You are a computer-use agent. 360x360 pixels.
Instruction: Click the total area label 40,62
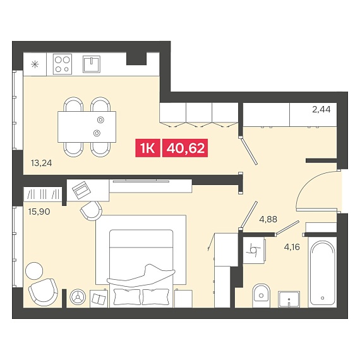(185, 148)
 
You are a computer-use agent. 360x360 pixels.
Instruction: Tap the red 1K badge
(148, 148)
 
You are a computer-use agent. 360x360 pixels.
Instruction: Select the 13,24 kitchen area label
(41, 163)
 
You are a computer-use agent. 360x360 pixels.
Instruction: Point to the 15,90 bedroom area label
(39, 212)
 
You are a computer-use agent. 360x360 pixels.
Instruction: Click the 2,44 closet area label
(321, 109)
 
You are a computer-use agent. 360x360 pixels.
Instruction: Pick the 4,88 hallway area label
(268, 220)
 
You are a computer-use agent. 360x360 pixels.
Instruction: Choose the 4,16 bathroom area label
(292, 247)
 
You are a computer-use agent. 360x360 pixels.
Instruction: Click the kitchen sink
(92, 64)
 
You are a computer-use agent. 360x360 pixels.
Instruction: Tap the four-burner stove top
(63, 64)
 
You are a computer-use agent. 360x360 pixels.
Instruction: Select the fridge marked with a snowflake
(35, 64)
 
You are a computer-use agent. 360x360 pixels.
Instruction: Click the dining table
(87, 127)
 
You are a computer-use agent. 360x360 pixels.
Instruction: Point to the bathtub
(322, 273)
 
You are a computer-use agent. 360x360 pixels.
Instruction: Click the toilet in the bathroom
(261, 296)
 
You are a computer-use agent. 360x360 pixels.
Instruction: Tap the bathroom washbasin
(289, 299)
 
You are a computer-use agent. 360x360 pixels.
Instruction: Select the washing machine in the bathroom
(254, 251)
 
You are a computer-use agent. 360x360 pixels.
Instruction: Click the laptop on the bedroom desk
(81, 190)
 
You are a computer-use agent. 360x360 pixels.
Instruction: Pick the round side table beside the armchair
(34, 271)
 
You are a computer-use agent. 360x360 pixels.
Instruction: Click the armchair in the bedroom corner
(44, 292)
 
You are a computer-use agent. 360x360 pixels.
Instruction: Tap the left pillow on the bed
(127, 297)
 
